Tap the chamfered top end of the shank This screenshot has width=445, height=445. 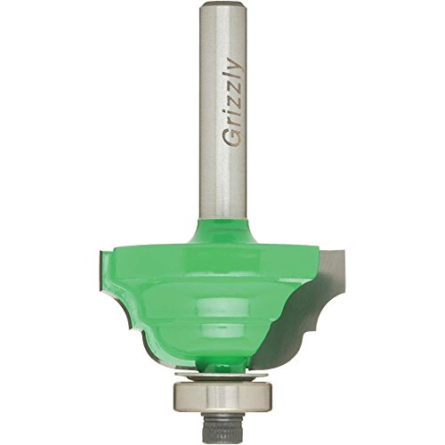(x=222, y=5)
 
